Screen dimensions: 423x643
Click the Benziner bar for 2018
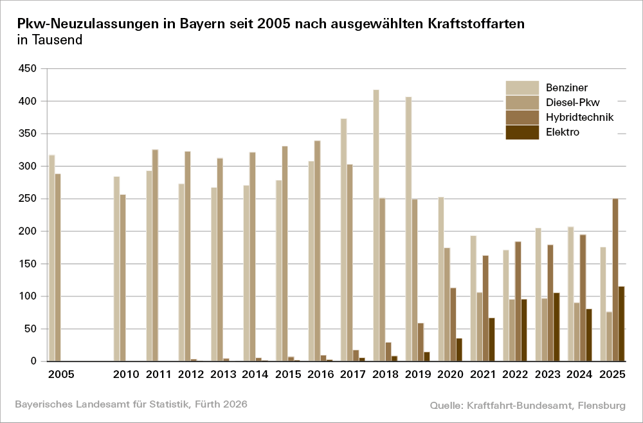tap(376, 225)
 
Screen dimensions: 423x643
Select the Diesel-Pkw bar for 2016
tap(318, 251)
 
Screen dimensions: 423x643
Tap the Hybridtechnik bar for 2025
tap(615, 280)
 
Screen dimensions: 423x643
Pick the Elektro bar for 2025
tap(622, 324)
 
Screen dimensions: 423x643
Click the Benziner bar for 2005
tap(52, 258)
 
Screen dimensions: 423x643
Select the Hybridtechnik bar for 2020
tap(453, 325)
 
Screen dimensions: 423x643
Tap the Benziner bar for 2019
tap(408, 229)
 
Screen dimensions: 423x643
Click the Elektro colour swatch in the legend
tap(522, 132)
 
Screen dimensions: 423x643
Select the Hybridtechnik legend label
tap(579, 117)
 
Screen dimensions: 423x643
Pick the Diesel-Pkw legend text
tap(573, 102)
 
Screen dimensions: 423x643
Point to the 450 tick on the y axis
tap(29, 69)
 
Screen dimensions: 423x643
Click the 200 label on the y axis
tap(29, 231)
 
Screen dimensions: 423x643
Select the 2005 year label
tap(61, 374)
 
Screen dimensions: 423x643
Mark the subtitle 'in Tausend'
tap(50, 40)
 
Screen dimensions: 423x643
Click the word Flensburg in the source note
tap(601, 405)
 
